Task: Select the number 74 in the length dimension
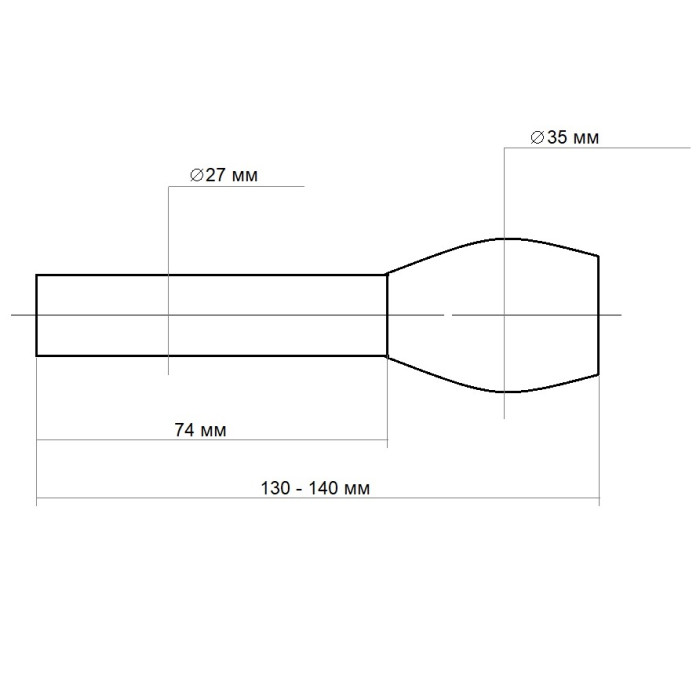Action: [184, 430]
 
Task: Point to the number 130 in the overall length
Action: [276, 489]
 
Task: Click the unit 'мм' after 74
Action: [213, 431]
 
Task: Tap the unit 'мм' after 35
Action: [586, 138]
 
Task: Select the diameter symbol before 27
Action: [196, 175]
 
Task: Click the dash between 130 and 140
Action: [301, 489]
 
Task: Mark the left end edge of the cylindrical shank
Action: [37, 315]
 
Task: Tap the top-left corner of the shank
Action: [37, 274]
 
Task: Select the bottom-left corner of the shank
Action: [37, 356]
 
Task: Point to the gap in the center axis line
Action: [447, 315]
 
